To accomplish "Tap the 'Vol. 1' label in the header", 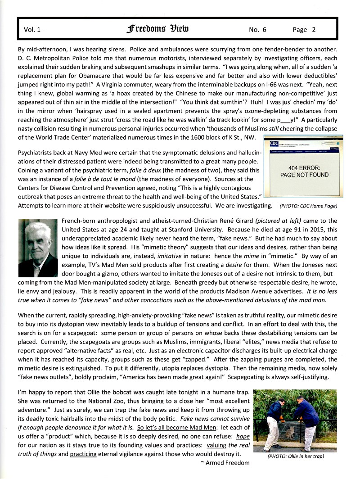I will click(x=32, y=30).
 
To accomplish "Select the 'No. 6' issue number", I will click(x=257, y=30).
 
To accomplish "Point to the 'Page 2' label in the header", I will click(x=304, y=30).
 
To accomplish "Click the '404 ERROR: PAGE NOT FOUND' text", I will click(x=304, y=171).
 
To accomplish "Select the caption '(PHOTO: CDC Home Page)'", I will click(x=308, y=206).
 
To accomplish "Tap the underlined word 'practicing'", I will click(x=83, y=453).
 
